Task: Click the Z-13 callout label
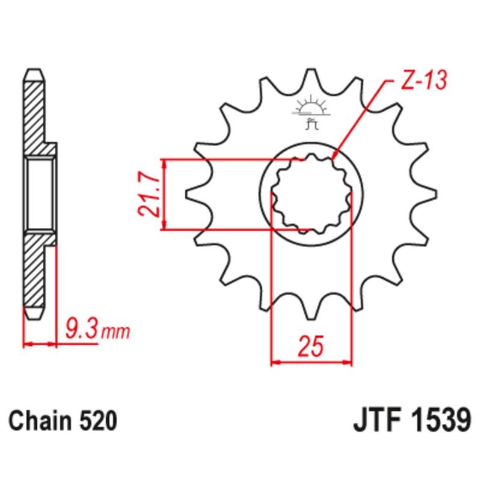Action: tap(424, 81)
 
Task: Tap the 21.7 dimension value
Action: tap(149, 194)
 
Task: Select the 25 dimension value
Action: tap(311, 346)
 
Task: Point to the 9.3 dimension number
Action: tap(82, 329)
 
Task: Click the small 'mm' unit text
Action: tap(115, 332)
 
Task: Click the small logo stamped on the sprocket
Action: tap(311, 112)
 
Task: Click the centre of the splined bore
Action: tap(311, 194)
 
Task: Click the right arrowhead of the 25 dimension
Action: tap(348, 363)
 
